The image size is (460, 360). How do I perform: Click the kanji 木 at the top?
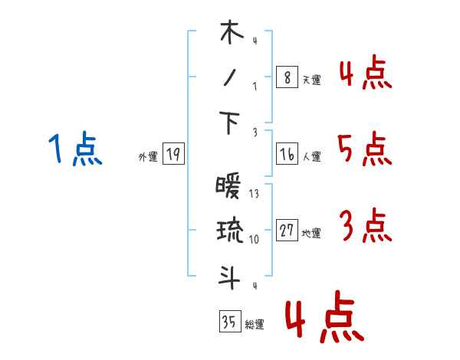230,34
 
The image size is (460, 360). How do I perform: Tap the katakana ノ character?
230,78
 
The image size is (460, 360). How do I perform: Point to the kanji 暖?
229,187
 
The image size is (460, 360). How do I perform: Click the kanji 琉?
230,231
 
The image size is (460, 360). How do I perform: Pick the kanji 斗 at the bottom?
230,277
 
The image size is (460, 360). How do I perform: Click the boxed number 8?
287,77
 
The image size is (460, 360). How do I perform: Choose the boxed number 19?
173,155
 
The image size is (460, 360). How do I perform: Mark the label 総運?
255,324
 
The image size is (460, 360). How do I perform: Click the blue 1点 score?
75,149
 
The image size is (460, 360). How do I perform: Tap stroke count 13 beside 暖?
254,193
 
